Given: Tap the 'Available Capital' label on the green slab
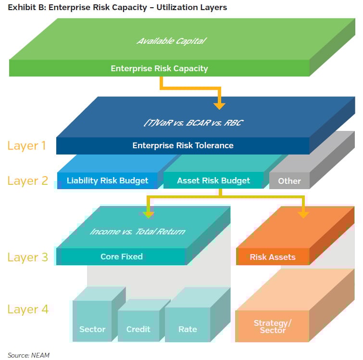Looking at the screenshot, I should click(171, 41).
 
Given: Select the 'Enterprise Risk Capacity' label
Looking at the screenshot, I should click(159, 68).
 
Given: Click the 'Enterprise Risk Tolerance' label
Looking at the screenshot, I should click(183, 145).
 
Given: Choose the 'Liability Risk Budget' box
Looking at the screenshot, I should click(107, 180).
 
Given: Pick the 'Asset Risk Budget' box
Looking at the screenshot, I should click(213, 180).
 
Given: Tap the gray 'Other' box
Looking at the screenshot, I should click(289, 181).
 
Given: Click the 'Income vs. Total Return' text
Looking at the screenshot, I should click(137, 231).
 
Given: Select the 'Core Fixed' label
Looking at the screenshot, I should click(122, 257).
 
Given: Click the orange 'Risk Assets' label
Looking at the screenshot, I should click(273, 257).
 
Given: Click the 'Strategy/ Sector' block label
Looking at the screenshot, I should click(272, 326).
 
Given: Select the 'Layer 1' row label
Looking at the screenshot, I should click(27, 145).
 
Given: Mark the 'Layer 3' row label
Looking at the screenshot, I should click(27, 257).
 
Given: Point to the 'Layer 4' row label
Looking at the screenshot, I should click(27, 309).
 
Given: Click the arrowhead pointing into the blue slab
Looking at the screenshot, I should click(219, 104).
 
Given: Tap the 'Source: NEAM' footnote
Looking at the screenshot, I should click(28, 355).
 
